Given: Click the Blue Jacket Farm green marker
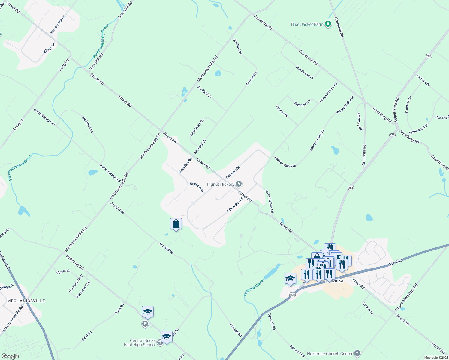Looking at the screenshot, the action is click(328, 24).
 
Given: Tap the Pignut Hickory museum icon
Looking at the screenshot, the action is click(239, 184).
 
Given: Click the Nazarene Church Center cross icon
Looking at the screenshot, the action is click(357, 353).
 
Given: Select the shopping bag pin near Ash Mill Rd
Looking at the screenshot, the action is click(176, 224).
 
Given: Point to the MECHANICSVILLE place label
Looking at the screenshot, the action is click(26, 301).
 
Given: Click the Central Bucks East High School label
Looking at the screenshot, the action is click(140, 343).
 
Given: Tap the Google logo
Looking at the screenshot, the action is click(10, 356).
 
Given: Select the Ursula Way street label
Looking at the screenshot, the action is click(197, 187).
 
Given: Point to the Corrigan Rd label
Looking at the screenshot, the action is click(233, 172).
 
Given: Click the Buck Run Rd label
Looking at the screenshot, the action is click(185, 165).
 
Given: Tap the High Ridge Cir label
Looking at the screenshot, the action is click(197, 127).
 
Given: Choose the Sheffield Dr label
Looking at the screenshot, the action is click(204, 92).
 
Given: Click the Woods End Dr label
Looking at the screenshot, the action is click(304, 72).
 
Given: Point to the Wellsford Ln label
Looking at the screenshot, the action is click(87, 124).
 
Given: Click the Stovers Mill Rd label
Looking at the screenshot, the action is click(58, 24).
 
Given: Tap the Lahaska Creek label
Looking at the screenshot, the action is click(254, 288).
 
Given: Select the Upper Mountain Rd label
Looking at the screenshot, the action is click(406, 297).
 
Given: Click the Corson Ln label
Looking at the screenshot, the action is click(368, 308).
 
